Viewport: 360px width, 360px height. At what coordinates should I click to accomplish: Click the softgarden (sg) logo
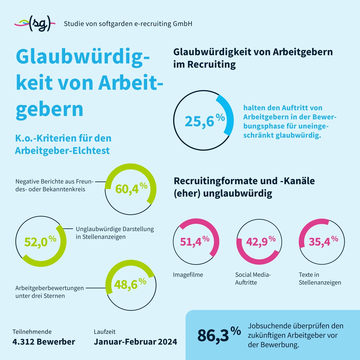tap(35, 24)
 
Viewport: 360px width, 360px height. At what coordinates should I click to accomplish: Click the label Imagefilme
tap(188, 275)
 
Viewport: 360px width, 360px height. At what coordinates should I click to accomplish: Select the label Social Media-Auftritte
tap(253, 278)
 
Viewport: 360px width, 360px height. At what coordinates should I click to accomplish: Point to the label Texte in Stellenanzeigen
tap(320, 278)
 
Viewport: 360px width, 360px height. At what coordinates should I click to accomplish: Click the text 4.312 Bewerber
tap(44, 342)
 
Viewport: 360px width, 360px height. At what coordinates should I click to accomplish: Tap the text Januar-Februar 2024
tap(135, 342)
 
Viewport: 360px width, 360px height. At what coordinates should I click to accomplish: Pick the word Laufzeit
tap(105, 332)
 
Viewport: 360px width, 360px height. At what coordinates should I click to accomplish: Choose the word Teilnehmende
tap(32, 332)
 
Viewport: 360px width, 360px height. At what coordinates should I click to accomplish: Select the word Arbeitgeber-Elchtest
tap(62, 150)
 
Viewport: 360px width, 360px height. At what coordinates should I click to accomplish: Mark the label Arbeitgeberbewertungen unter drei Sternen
tap(49, 292)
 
